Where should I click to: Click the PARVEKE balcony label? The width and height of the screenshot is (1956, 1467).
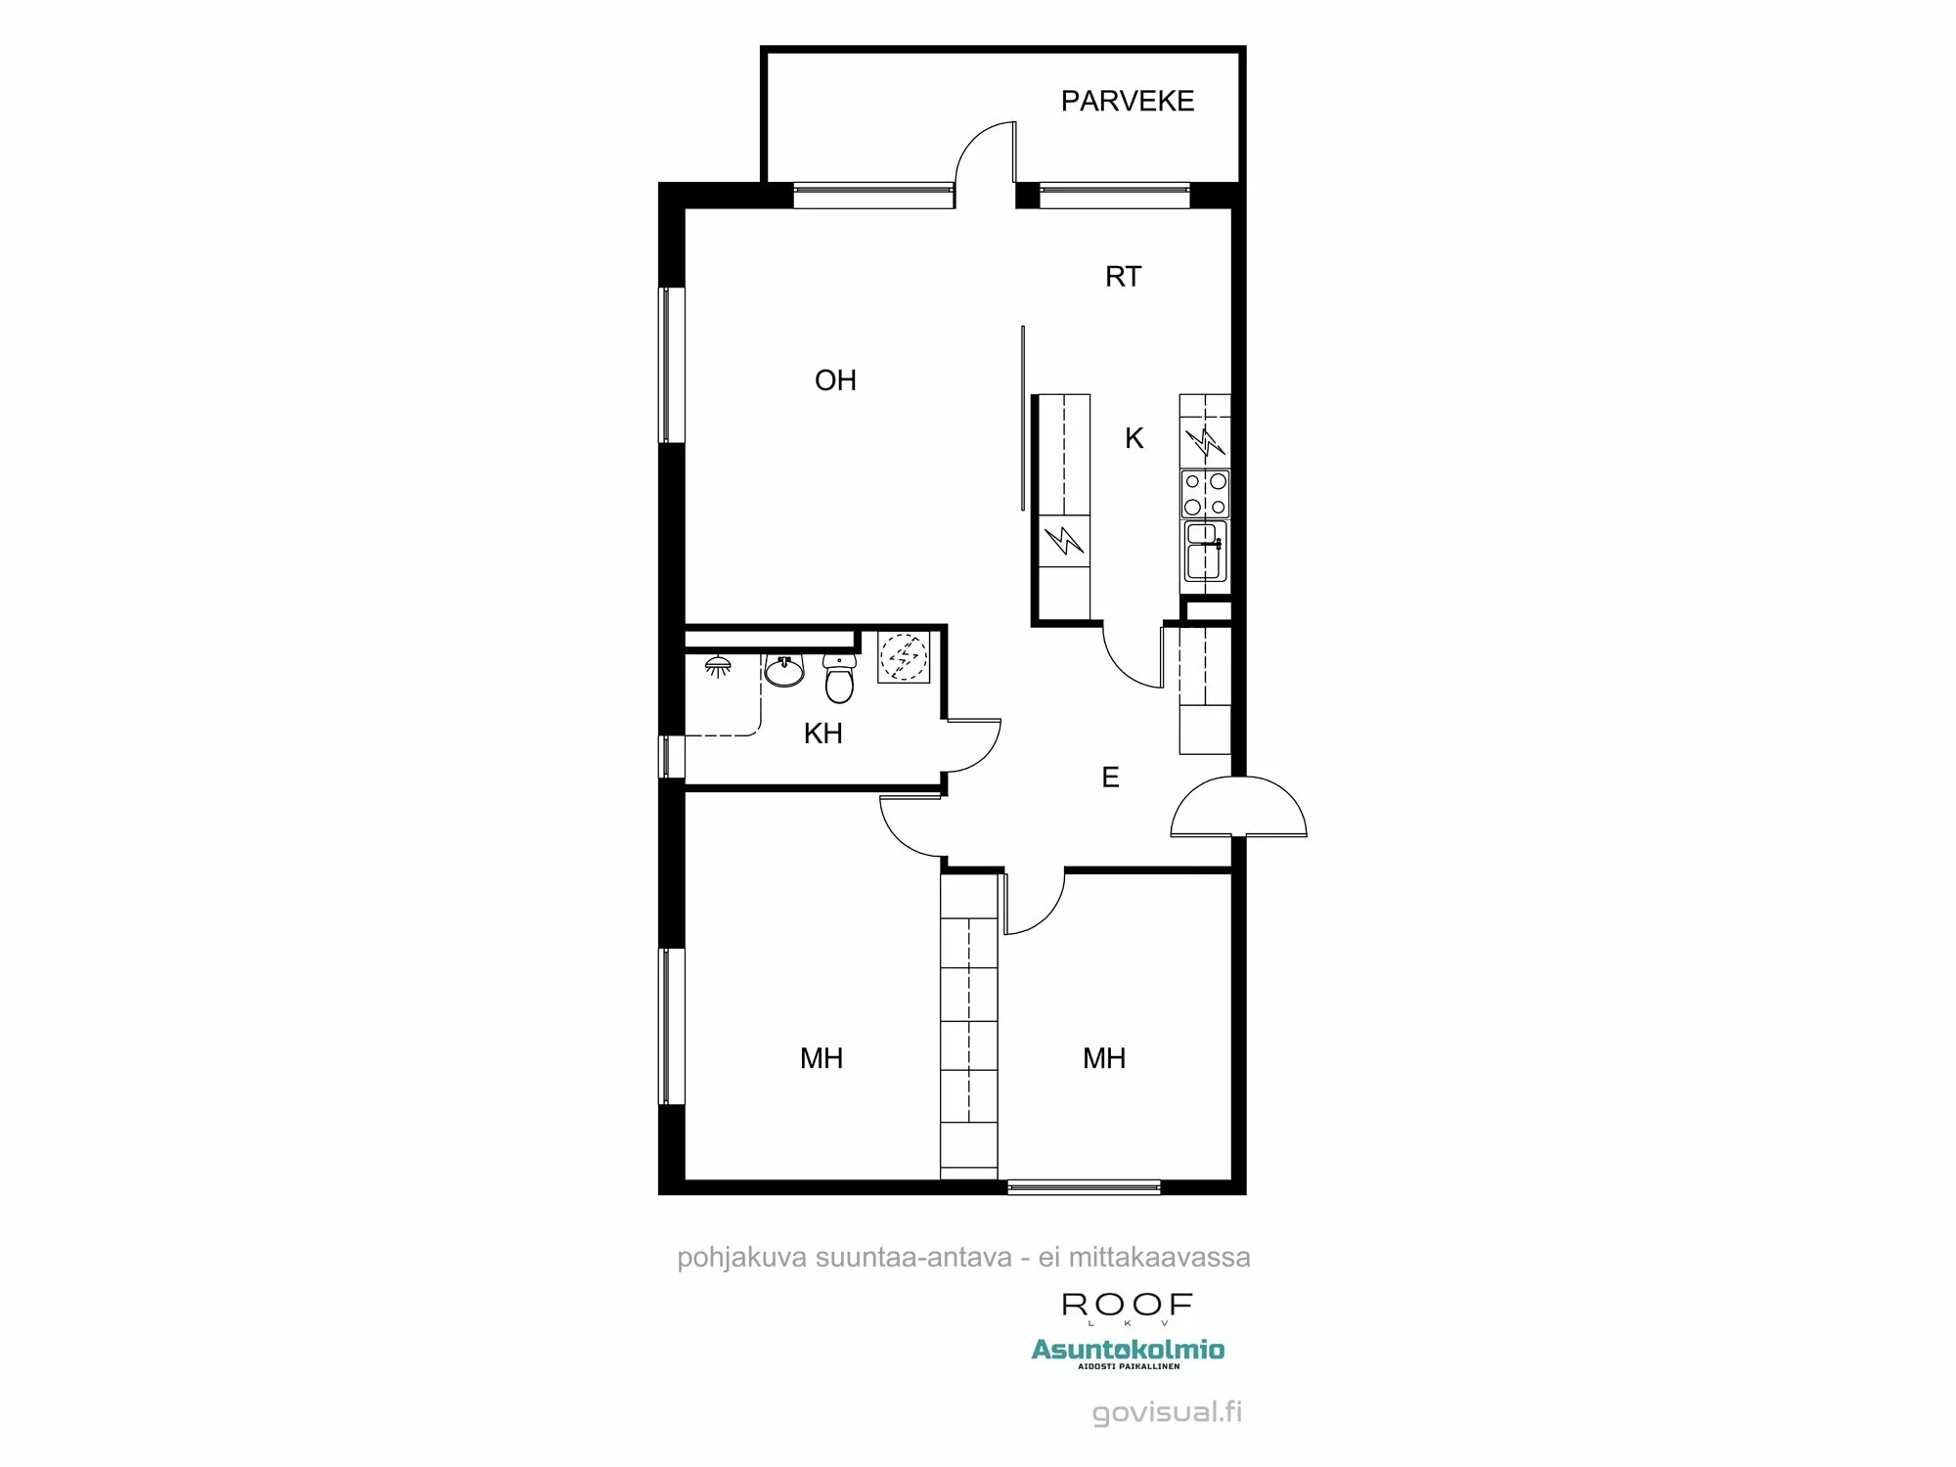point(1127,101)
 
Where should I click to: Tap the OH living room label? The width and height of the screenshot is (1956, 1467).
point(835,380)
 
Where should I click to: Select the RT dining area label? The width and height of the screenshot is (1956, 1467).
point(1123,277)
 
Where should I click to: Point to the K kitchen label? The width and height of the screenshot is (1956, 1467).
point(1134,438)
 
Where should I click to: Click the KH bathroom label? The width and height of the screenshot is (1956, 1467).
point(822,733)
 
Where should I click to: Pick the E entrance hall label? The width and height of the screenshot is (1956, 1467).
point(1110,778)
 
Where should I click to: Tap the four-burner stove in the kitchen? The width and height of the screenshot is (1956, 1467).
point(1205,494)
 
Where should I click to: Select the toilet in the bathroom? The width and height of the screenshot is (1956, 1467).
point(839,678)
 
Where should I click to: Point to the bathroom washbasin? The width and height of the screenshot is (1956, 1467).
point(784,671)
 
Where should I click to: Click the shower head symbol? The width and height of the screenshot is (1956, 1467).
point(718,666)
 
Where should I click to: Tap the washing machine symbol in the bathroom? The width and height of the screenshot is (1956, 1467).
point(903,656)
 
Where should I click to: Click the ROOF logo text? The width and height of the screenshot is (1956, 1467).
point(1127,1305)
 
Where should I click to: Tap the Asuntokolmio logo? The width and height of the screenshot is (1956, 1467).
point(1128,1351)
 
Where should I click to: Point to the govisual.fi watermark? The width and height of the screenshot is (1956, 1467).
point(1167,1412)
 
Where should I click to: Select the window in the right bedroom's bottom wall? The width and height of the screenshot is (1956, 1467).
point(1084,1187)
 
